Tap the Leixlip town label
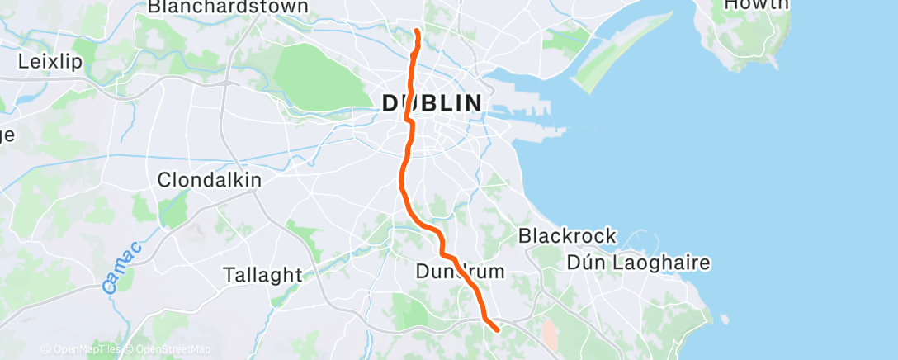49,61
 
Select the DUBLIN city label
432,103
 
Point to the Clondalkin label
209,179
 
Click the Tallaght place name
263,275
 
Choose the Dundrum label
460,271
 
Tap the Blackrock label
567,236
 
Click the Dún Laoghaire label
639,263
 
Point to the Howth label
755,5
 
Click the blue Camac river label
123,268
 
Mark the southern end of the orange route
497,330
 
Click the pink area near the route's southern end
549,334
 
